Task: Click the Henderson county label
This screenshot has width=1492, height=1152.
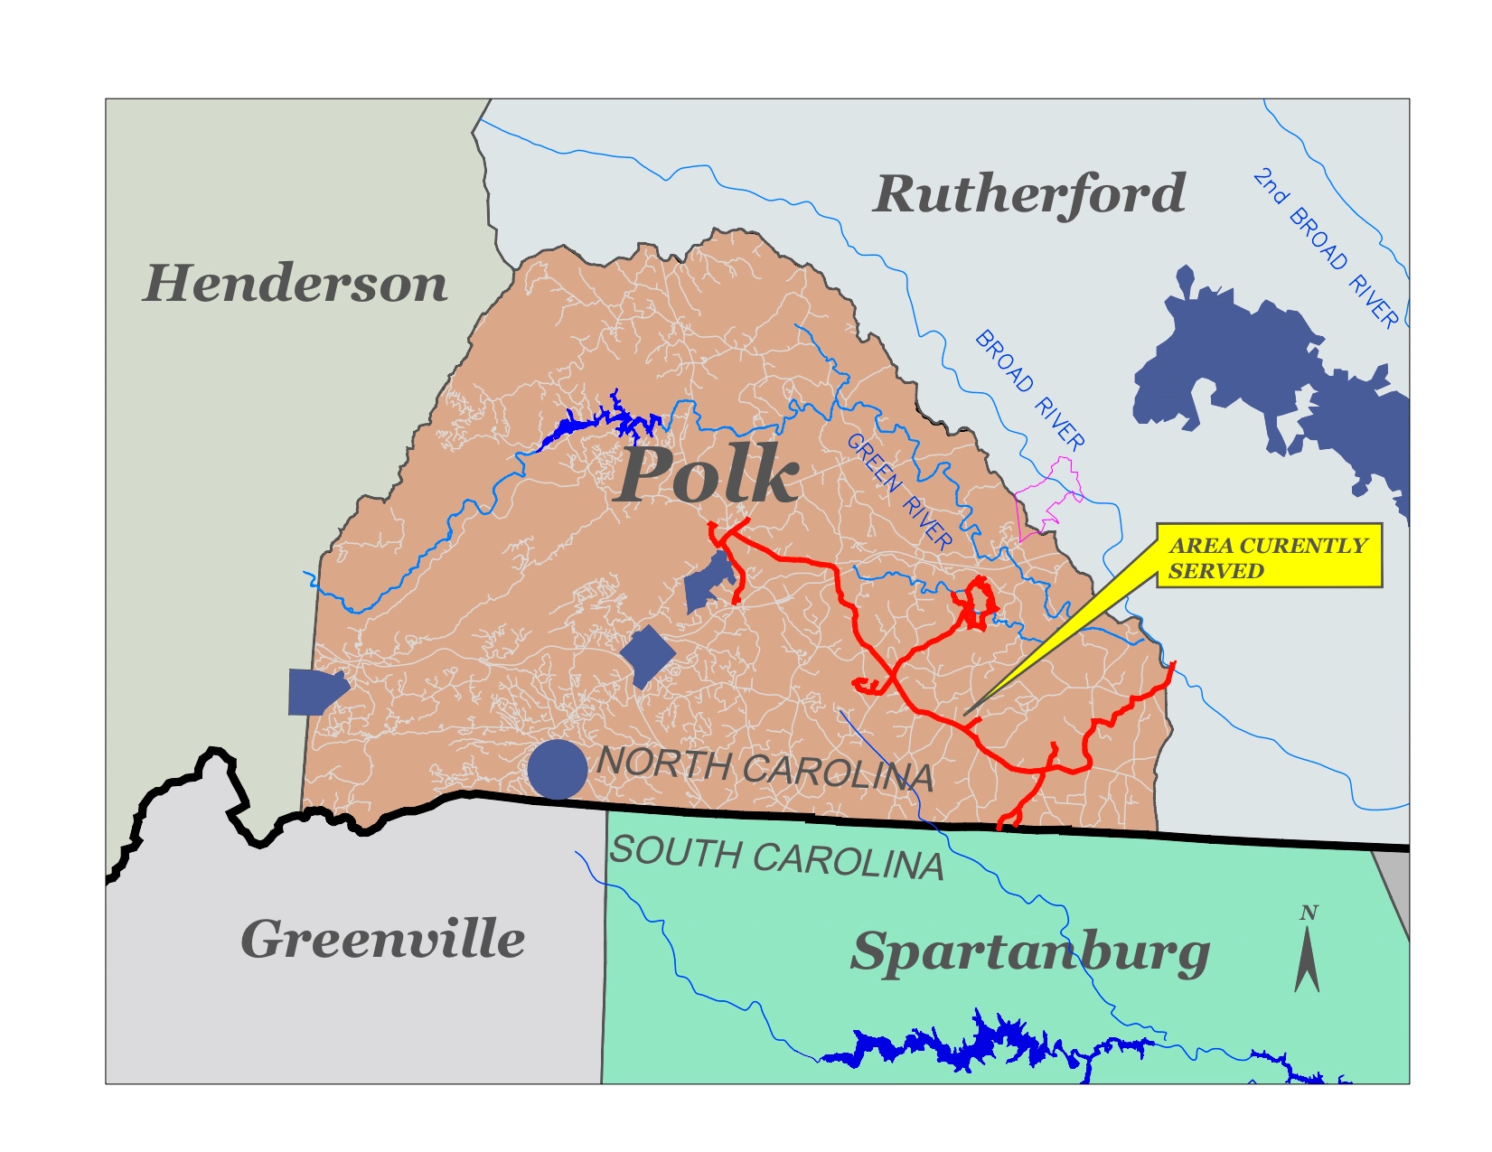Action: click(295, 283)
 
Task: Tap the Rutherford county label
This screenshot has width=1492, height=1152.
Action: click(1029, 193)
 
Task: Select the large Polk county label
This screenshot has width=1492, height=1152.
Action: click(708, 475)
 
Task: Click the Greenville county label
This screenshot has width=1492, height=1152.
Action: click(382, 939)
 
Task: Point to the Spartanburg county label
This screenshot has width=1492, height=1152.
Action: click(1029, 952)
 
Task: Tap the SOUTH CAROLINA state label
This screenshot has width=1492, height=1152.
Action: click(776, 858)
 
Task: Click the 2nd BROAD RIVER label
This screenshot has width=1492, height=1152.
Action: click(1325, 248)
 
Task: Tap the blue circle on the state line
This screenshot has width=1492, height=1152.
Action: click(558, 770)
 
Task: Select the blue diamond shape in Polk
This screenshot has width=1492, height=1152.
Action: click(647, 656)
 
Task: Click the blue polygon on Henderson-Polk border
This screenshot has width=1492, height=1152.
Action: click(314, 691)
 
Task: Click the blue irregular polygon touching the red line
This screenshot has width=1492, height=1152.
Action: click(708, 583)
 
